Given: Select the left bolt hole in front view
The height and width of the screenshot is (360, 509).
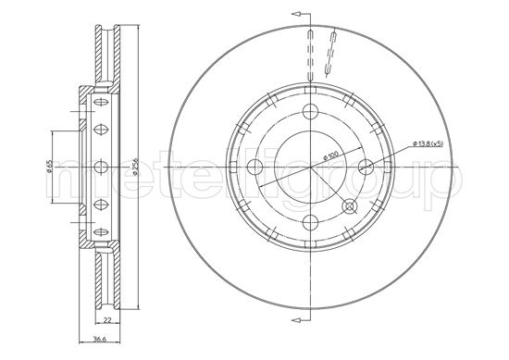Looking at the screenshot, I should (x=256, y=167).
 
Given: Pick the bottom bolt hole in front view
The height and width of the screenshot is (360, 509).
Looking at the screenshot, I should (x=310, y=220).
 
